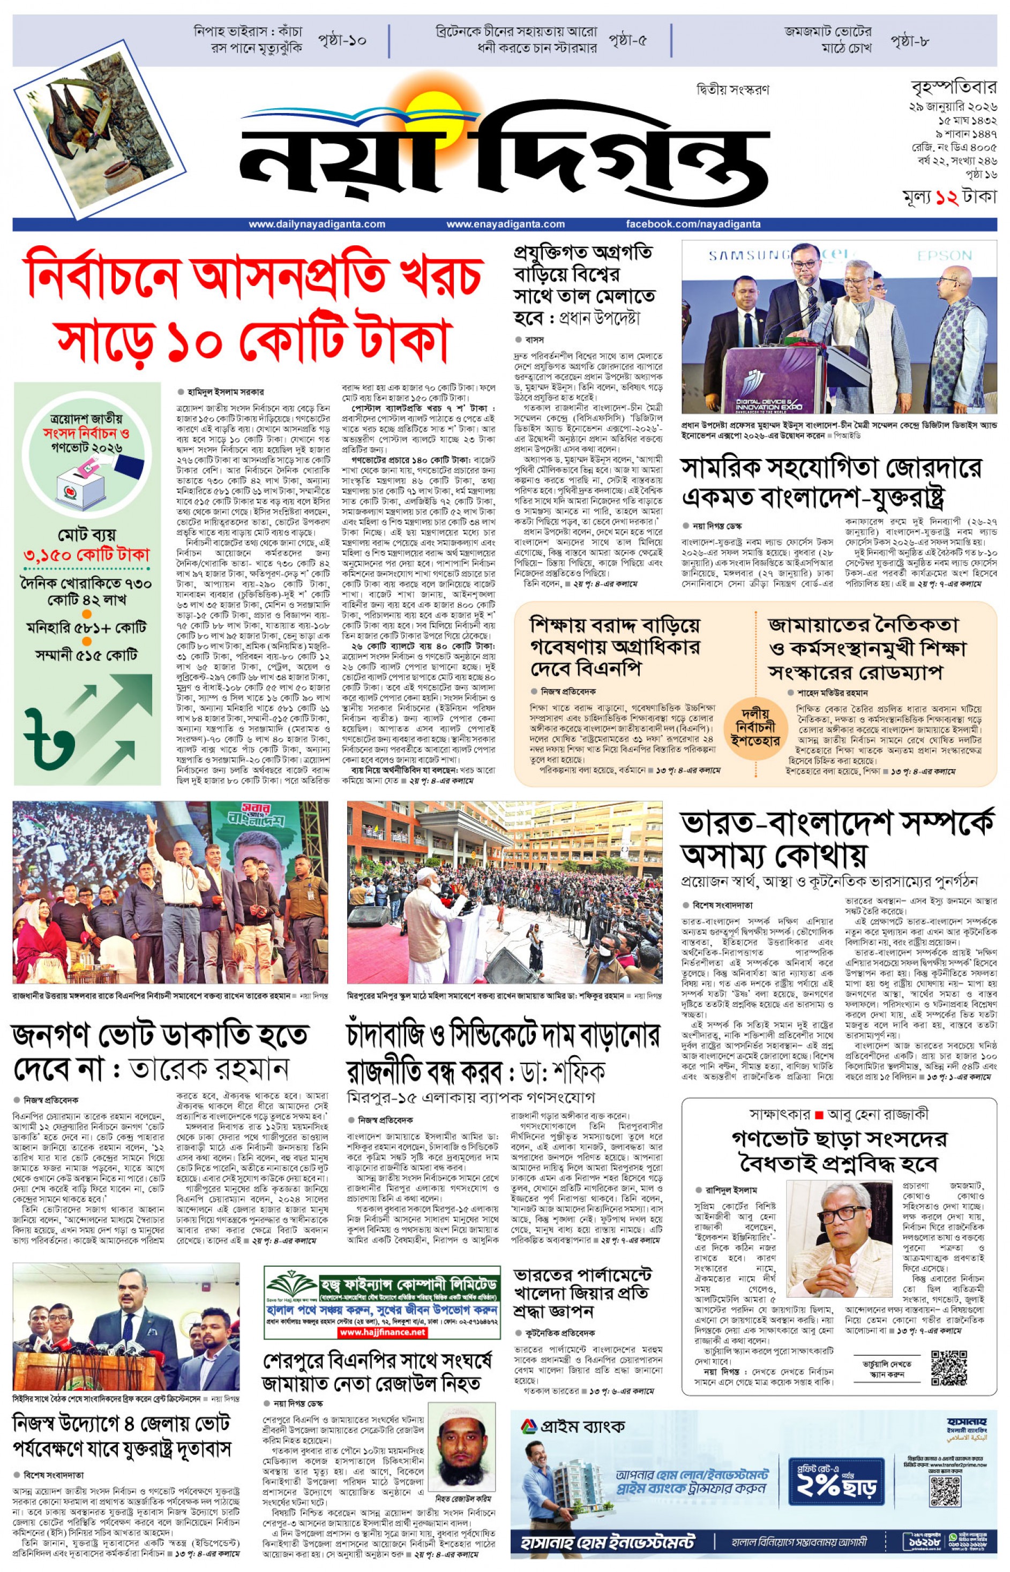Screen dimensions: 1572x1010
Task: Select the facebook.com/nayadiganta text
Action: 693,224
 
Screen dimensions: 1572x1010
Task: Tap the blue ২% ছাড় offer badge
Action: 835,1479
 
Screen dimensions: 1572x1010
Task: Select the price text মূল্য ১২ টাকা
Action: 948,197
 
